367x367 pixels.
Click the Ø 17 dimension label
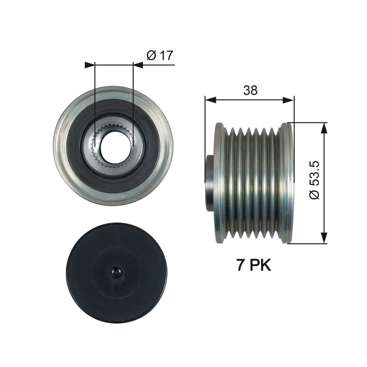[160, 56]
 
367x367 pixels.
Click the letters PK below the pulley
[260, 265]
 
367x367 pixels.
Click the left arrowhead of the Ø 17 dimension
[90, 65]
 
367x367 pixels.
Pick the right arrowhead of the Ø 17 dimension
[138, 65]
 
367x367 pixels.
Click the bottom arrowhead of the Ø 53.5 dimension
[324, 238]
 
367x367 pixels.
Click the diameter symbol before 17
[151, 56]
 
